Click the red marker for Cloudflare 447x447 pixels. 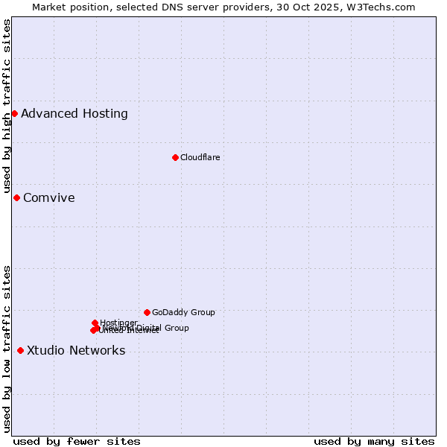[175, 157]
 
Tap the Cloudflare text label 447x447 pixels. [200, 157]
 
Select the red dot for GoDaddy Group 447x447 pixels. [147, 312]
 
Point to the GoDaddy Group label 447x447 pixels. [183, 312]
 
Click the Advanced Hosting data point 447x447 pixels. [14, 113]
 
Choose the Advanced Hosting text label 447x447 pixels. [74, 114]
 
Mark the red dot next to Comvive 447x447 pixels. [16, 197]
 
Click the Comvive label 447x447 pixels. [49, 198]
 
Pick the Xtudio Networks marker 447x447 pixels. [20, 350]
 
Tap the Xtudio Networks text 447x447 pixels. [76, 351]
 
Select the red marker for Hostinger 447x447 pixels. [95, 323]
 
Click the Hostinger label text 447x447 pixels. [118, 323]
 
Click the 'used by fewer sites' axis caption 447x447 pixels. [77, 441]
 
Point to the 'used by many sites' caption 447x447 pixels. [374, 441]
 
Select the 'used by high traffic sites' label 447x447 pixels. [7, 106]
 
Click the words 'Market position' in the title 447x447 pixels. [66, 7]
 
